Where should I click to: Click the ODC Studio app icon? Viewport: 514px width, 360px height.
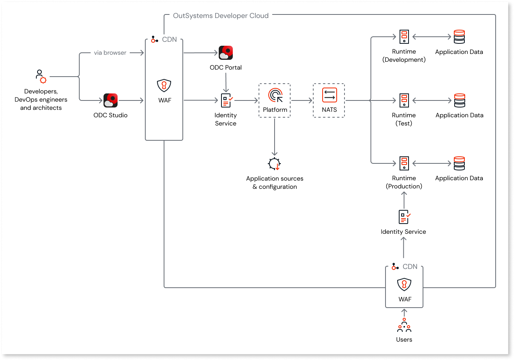coord(111,100)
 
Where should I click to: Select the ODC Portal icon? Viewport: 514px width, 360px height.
coord(226,53)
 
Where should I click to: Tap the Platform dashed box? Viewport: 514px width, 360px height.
coord(275,100)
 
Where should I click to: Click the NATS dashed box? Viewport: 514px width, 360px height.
coord(329,100)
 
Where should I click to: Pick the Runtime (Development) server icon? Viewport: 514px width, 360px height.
coord(404,37)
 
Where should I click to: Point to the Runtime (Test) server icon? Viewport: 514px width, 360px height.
coord(404,100)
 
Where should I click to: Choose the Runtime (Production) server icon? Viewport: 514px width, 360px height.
coord(404,163)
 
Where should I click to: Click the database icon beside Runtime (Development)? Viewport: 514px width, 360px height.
coord(459,37)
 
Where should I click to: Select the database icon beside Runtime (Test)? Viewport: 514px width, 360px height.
coord(459,100)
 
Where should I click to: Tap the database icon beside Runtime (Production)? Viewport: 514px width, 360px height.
coord(459,163)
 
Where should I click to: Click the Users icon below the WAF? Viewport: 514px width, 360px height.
coord(404,326)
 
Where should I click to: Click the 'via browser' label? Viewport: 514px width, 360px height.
coord(110,53)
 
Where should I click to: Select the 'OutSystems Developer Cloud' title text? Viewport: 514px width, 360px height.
coord(221,16)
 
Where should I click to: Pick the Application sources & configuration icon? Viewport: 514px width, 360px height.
coord(275,164)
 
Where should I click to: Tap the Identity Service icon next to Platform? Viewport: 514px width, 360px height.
coord(226,100)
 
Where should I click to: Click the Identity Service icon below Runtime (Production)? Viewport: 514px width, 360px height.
coord(404,217)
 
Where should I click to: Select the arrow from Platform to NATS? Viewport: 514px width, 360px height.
coord(302,100)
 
